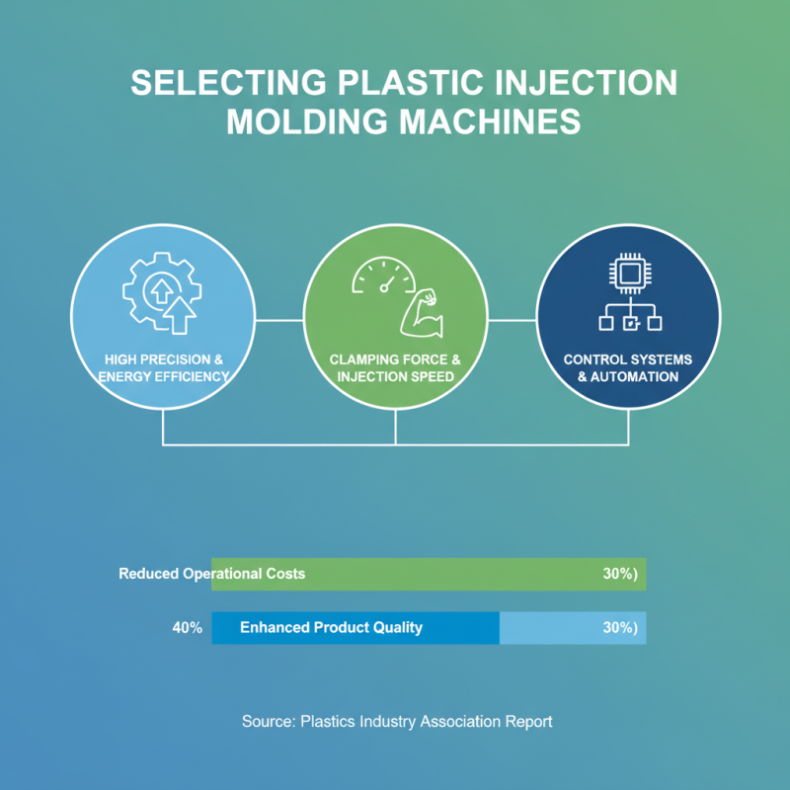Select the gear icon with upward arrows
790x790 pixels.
tap(162, 292)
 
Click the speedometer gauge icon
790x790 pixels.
tap(384, 276)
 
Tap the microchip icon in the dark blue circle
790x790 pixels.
tap(628, 273)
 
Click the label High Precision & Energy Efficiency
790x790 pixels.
tap(162, 367)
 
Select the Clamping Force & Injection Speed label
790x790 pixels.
tap(395, 367)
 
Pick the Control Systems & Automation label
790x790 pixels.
tap(628, 367)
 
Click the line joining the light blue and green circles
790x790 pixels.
tap(278, 320)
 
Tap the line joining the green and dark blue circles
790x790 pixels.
tap(512, 320)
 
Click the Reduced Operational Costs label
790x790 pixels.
tap(212, 574)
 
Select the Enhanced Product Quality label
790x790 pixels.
tap(331, 627)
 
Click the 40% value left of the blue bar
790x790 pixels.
tap(188, 627)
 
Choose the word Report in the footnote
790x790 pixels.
tap(528, 721)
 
